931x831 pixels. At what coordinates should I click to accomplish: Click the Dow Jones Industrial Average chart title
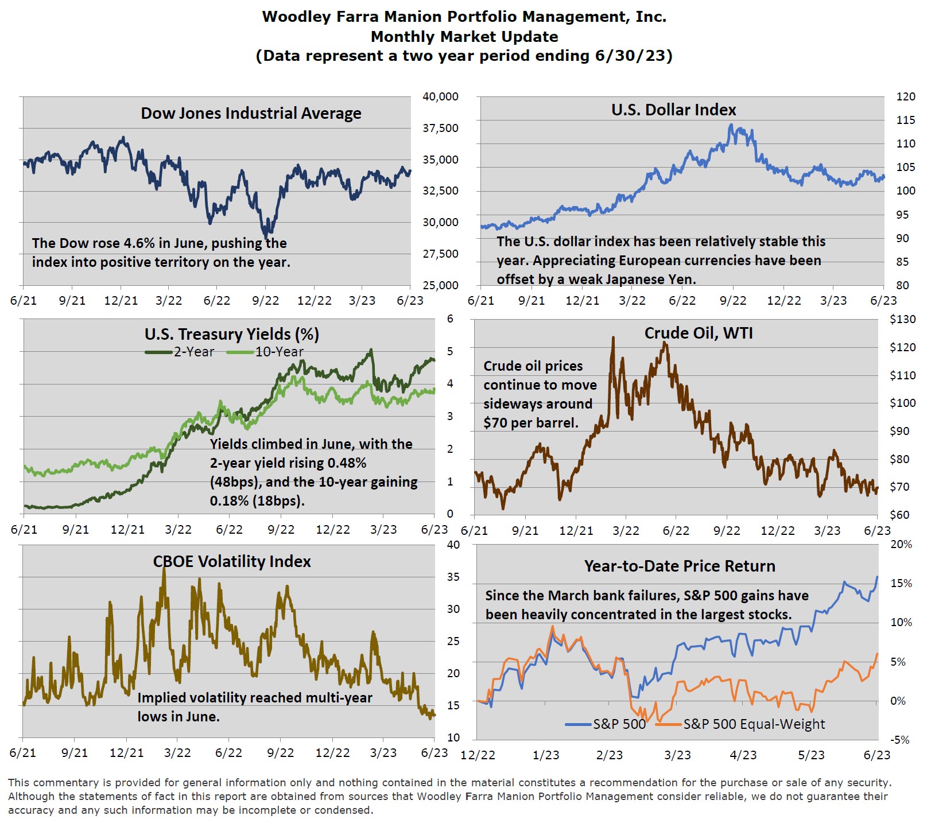pyautogui.click(x=251, y=114)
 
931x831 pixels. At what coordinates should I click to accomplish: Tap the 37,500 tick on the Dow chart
pyautogui.click(x=440, y=128)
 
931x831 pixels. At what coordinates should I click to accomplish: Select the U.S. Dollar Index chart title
pyautogui.click(x=673, y=110)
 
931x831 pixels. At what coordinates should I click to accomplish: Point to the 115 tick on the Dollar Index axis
pyautogui.click(x=906, y=120)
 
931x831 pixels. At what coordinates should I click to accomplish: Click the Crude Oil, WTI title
pyautogui.click(x=698, y=333)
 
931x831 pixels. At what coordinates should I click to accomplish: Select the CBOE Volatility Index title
pyautogui.click(x=232, y=561)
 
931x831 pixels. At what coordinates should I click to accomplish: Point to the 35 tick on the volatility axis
pyautogui.click(x=453, y=577)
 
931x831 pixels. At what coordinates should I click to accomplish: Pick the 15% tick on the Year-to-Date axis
pyautogui.click(x=901, y=583)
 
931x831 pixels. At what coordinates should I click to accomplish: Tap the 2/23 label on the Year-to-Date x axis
pyautogui.click(x=609, y=755)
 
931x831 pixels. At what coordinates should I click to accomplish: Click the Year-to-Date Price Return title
pyautogui.click(x=680, y=566)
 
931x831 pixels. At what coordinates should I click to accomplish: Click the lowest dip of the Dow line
pyautogui.click(x=265, y=237)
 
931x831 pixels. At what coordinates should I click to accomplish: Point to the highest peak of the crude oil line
pyautogui.click(x=612, y=338)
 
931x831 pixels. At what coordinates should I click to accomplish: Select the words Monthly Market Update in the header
pyautogui.click(x=464, y=37)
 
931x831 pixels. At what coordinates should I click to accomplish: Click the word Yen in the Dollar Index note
pyautogui.click(x=681, y=279)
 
